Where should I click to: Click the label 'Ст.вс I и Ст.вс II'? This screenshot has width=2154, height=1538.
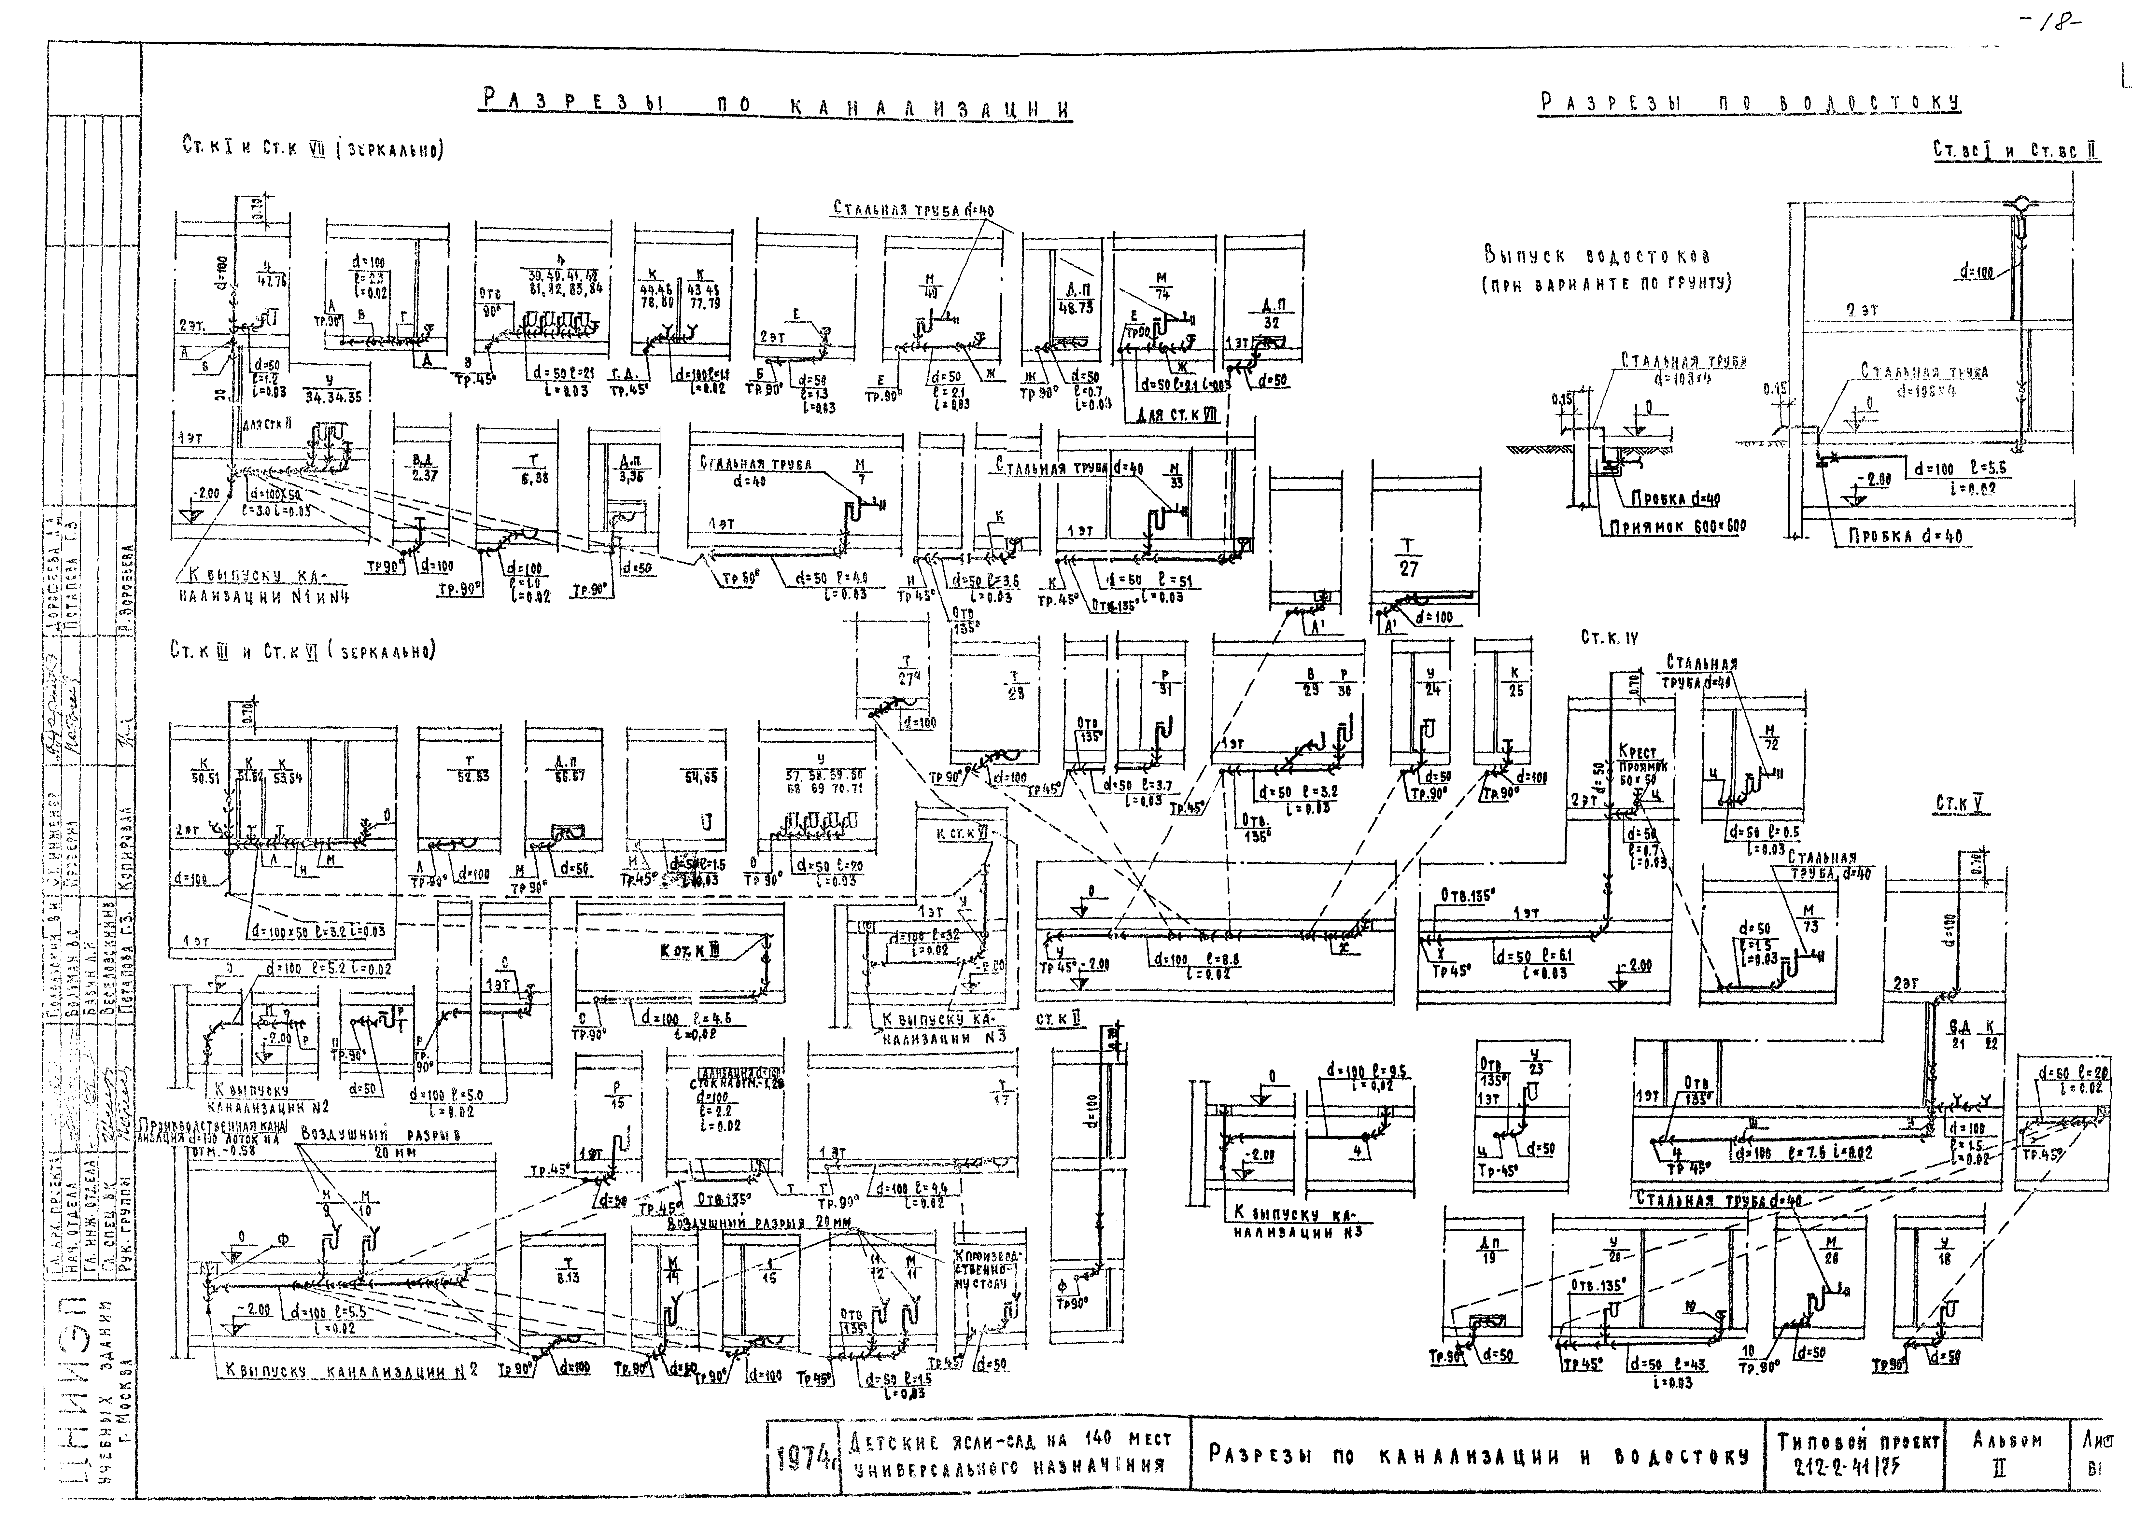point(2016,150)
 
